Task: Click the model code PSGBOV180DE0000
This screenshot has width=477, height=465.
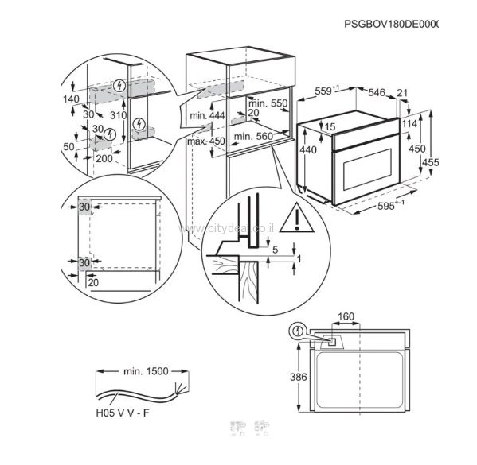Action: point(393,25)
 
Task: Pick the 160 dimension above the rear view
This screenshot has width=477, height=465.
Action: point(346,317)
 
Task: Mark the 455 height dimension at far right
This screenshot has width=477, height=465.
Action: point(431,163)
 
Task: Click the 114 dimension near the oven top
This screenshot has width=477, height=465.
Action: point(409,124)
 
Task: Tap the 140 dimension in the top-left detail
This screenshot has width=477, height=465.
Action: point(73,99)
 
